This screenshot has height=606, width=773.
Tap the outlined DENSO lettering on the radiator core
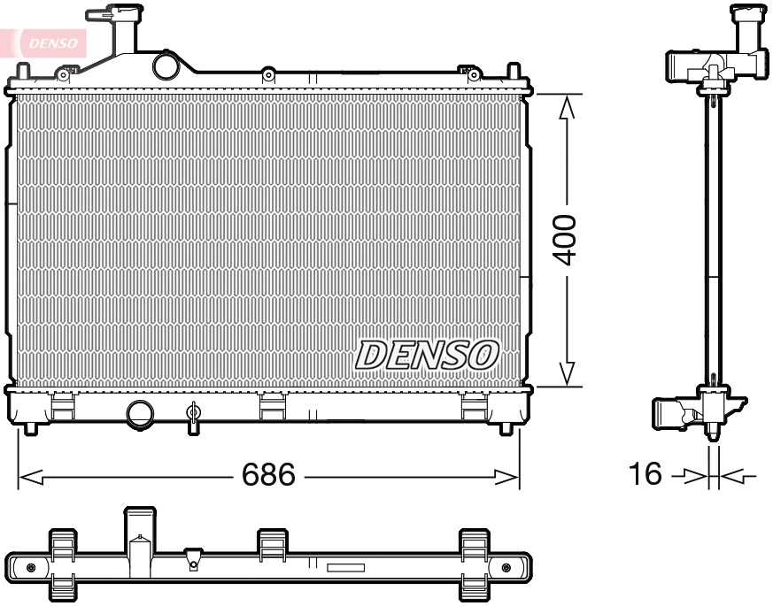point(427,354)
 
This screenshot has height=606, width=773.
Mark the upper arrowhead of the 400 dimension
point(567,106)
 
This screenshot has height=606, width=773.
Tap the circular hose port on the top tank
point(165,65)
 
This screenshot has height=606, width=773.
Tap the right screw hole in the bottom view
point(506,567)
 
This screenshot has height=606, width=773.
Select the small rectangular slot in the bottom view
point(345,568)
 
